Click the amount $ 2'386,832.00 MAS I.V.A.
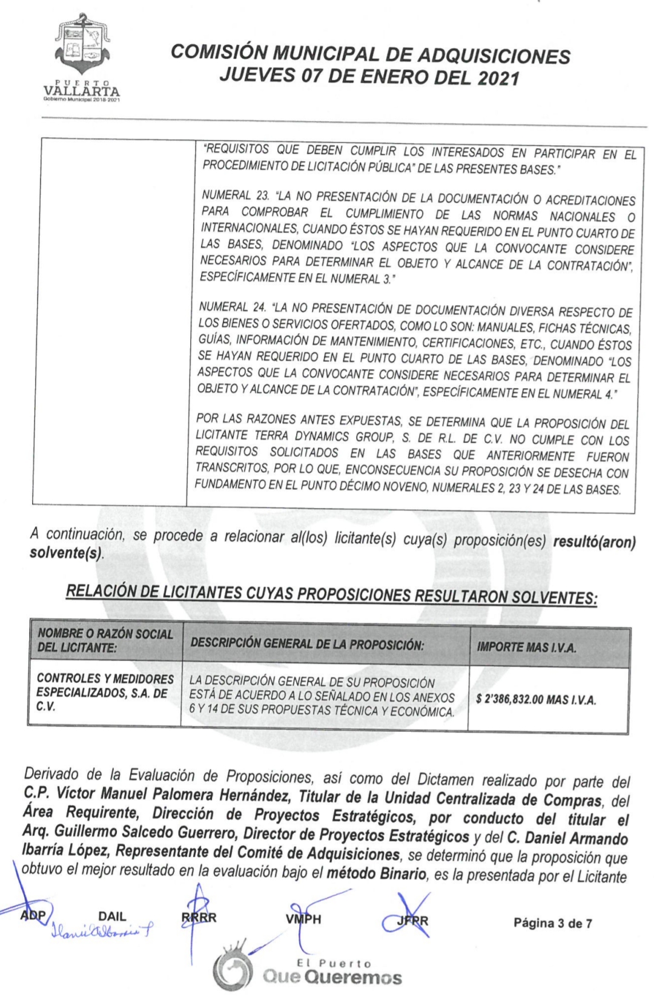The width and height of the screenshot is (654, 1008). coord(536,700)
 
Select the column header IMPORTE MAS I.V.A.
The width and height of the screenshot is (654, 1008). coord(526,647)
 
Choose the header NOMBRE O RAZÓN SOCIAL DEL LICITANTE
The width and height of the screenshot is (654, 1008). coord(105,641)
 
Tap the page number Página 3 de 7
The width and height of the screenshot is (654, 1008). coord(552,923)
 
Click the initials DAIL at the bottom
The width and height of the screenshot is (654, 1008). coord(112,917)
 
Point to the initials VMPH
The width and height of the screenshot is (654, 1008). coord(303,919)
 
